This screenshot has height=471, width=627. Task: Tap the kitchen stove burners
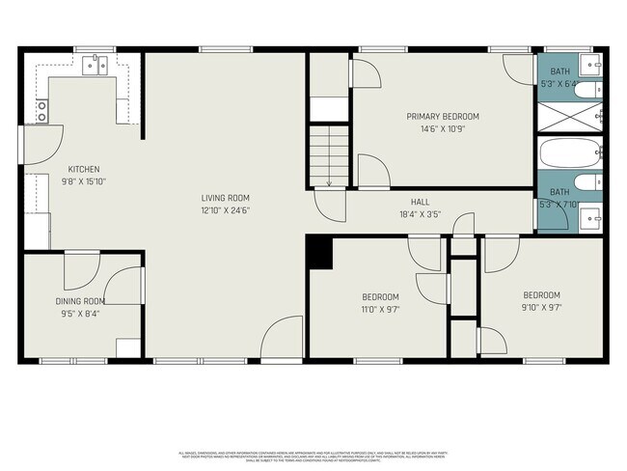(41, 112)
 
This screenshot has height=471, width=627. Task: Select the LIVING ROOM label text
(224, 198)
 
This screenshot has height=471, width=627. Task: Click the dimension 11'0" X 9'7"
(380, 310)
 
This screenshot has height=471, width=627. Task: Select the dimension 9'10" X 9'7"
(541, 308)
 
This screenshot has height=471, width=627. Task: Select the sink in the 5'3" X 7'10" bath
(594, 213)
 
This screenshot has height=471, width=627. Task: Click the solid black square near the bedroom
(319, 254)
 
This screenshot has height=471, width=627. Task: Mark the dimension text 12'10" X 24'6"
(224, 210)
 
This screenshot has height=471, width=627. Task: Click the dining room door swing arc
(123, 286)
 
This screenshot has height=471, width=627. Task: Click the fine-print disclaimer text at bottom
(313, 455)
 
